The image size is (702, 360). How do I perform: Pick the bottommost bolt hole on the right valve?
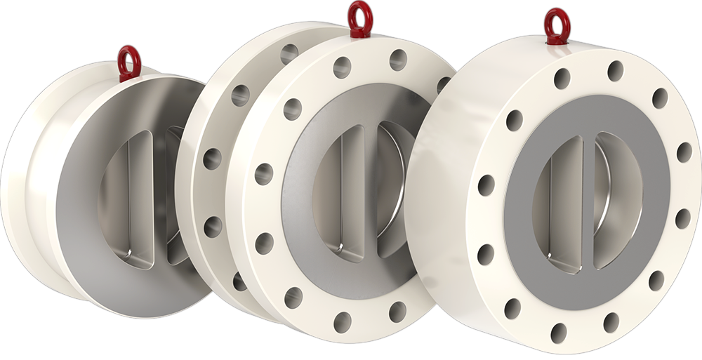pos(559,332)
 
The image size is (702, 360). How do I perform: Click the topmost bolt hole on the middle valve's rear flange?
pos(289,53)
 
